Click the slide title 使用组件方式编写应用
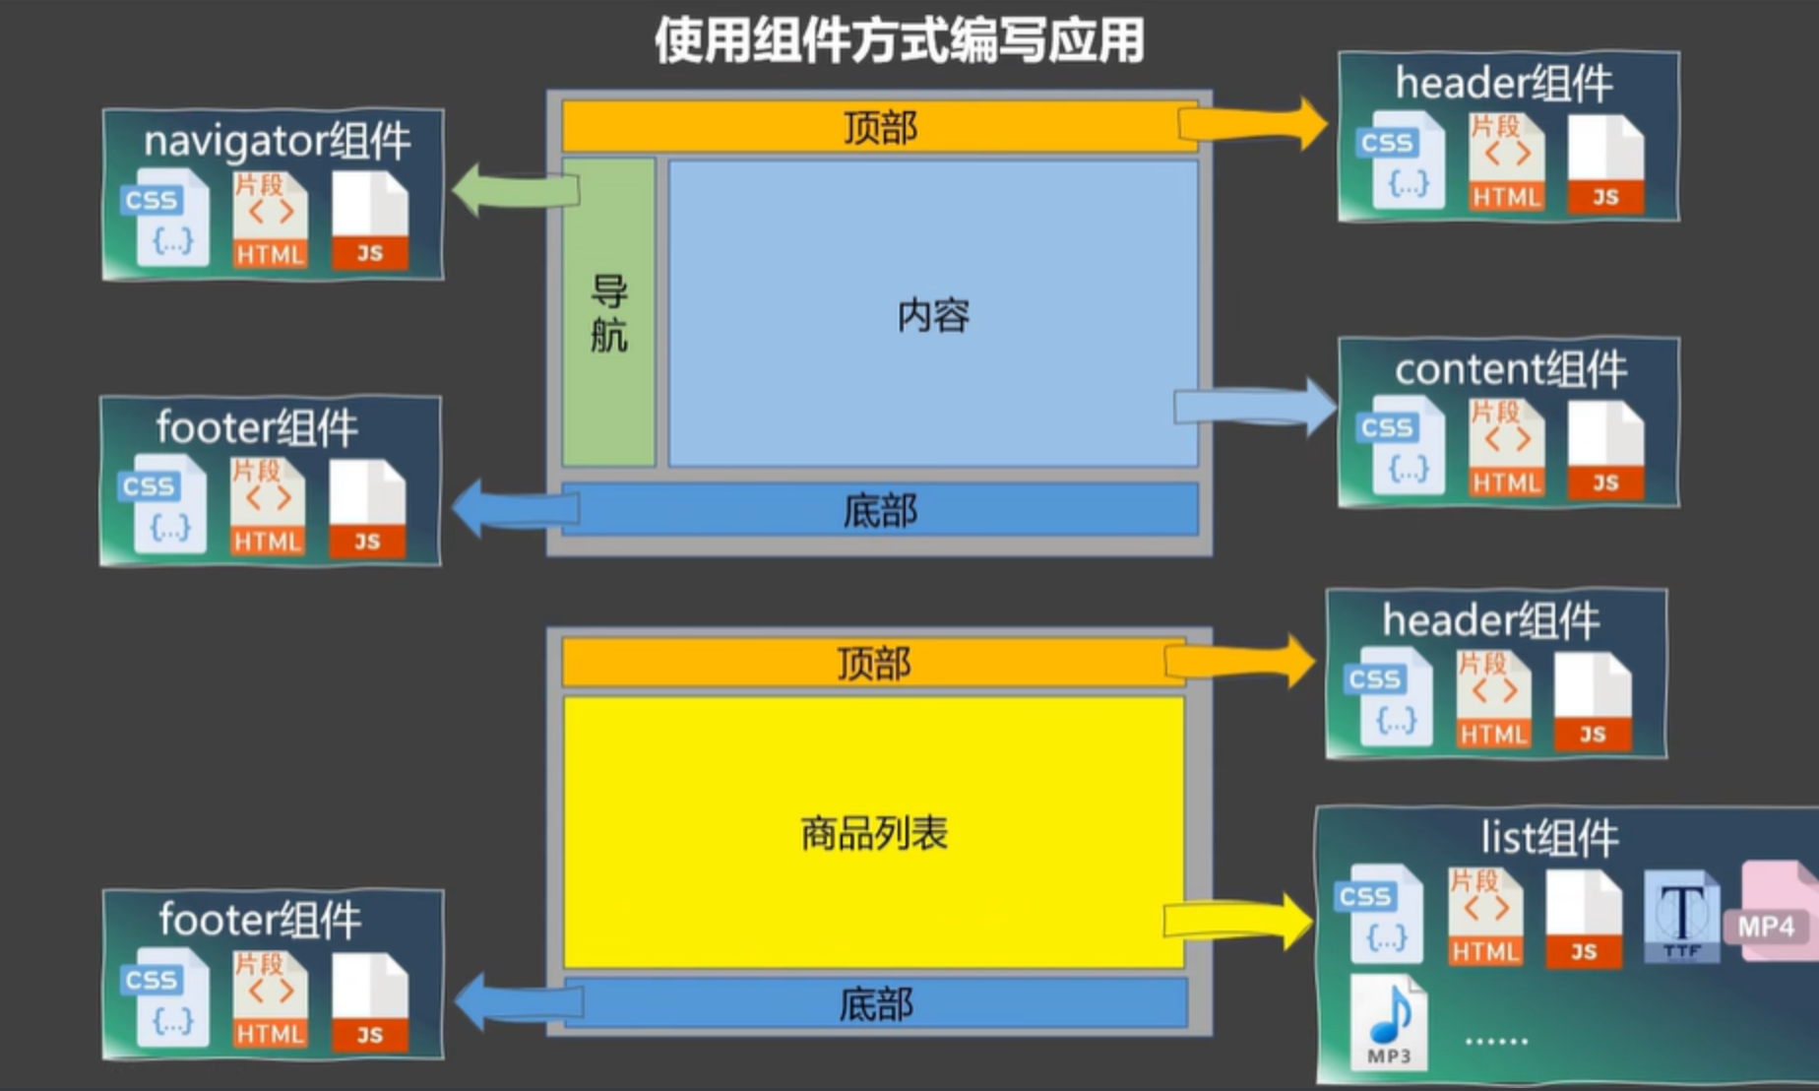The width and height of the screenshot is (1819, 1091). [899, 41]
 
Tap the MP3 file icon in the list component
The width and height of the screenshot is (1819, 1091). [1388, 1021]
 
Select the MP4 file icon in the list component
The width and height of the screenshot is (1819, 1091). [1771, 912]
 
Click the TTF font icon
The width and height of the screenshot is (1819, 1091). [1681, 916]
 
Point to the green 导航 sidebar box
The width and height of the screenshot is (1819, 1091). [608, 312]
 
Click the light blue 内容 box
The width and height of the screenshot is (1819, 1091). [933, 314]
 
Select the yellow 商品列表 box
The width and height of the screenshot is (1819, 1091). [873, 833]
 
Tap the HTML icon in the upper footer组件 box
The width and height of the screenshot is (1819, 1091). [267, 507]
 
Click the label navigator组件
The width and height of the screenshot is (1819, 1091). [277, 141]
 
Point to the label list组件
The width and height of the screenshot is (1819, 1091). [1549, 838]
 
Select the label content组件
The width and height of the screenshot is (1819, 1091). [1510, 369]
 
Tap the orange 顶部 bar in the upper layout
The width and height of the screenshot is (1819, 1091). [879, 127]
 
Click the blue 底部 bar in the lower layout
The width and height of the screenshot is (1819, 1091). [875, 1004]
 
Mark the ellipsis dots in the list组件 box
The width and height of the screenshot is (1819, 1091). [1495, 1040]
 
